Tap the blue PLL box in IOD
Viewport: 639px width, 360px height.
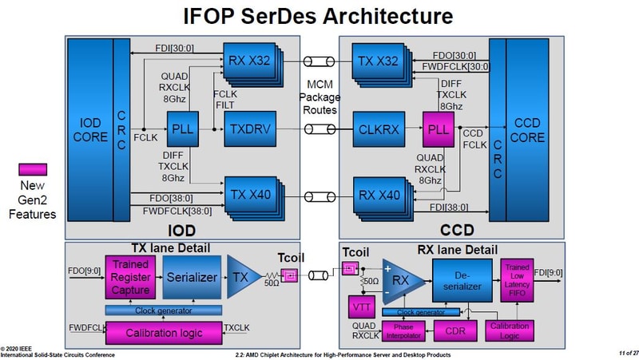tap(182, 128)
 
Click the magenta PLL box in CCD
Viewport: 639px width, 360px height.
tap(439, 129)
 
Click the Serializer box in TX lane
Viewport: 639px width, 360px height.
tap(191, 279)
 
